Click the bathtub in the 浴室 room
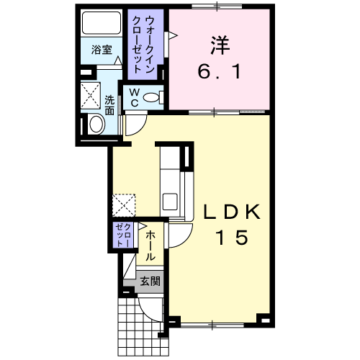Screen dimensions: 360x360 point(102,23)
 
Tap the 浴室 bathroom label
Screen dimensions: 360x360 point(102,50)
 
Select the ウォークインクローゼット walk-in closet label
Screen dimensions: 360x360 point(143,45)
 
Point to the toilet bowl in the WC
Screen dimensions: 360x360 point(150,97)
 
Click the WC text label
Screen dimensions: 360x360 point(135,97)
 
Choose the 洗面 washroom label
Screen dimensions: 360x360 point(109,105)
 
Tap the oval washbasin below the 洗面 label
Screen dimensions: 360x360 point(96,125)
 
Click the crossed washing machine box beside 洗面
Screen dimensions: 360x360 point(90,95)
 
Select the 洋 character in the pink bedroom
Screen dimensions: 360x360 point(220,45)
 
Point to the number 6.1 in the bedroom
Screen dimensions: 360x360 point(219,72)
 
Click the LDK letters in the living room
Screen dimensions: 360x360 point(232,212)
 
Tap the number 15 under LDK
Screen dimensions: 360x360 point(232,237)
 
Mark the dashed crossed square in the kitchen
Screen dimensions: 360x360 point(124,204)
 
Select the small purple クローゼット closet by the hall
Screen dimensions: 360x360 point(123,235)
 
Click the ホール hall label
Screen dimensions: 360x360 point(150,246)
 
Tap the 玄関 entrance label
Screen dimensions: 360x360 point(150,281)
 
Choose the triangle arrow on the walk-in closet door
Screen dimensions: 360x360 point(173,35)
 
